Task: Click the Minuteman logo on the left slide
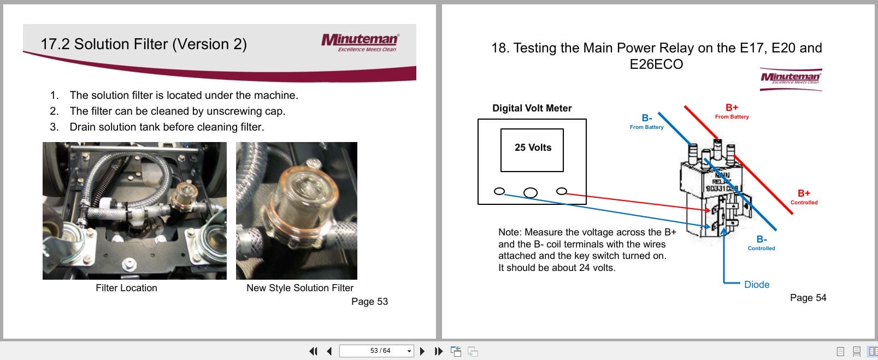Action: [x=361, y=42]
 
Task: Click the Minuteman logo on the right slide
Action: [x=791, y=79]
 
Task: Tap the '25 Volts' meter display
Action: [x=532, y=148]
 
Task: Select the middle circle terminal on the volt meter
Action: [x=530, y=192]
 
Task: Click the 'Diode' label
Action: [x=756, y=285]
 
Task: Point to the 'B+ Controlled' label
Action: [x=804, y=197]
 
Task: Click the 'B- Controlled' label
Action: [x=761, y=243]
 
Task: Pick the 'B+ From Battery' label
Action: [x=732, y=111]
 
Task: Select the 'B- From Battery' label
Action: [x=646, y=122]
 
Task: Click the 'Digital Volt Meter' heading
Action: [x=532, y=108]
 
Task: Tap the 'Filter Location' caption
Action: [x=126, y=288]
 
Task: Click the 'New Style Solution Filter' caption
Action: [x=299, y=288]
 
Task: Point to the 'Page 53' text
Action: [x=369, y=302]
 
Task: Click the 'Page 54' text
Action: [x=808, y=298]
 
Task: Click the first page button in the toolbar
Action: [x=313, y=351]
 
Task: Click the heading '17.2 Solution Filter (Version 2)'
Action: [x=144, y=44]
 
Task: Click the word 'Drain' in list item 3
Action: [x=82, y=127]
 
